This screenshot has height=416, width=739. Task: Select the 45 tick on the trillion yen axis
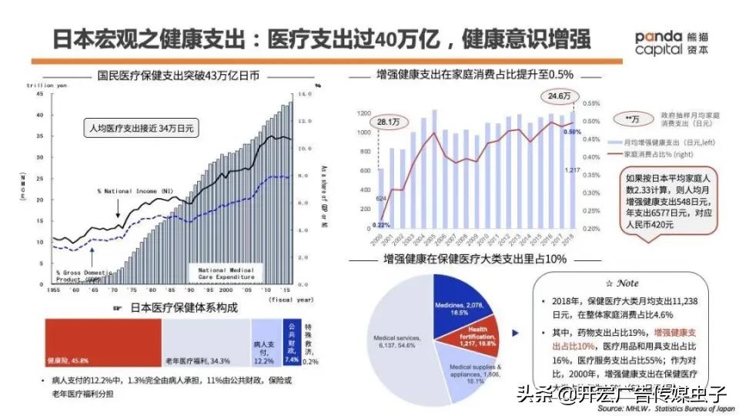(39, 94)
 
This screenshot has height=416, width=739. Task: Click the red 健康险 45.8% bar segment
(102, 343)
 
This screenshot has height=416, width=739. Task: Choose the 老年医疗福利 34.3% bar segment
(206, 343)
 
